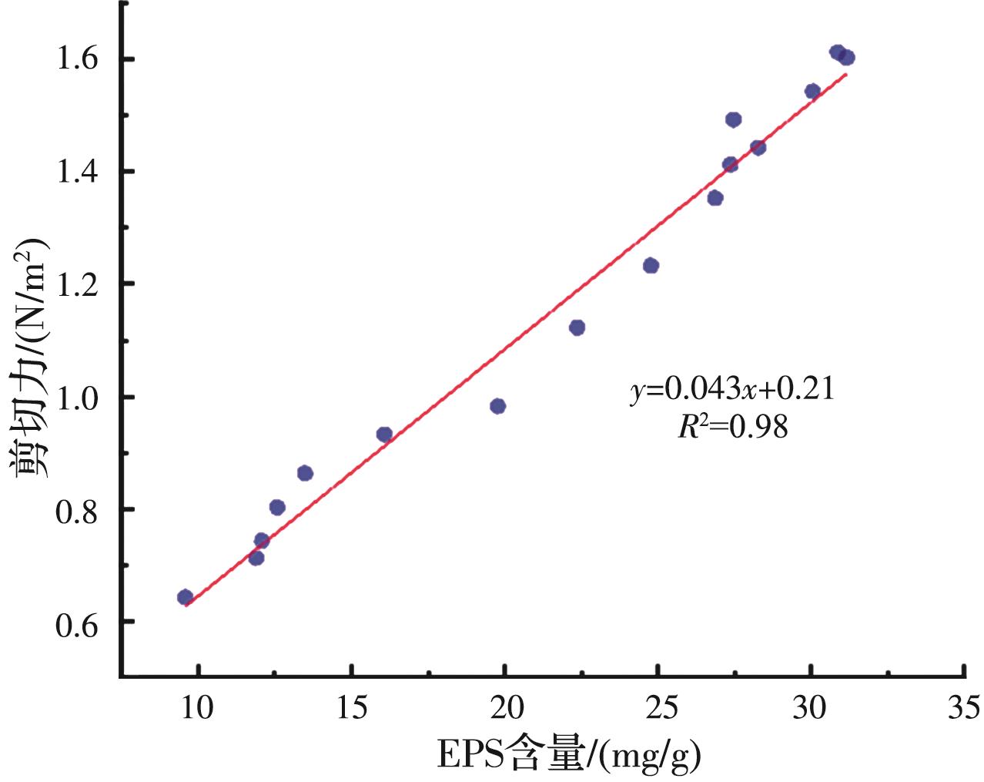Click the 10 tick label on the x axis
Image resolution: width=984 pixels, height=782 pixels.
(x=199, y=706)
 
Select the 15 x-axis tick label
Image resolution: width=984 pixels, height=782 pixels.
(x=352, y=706)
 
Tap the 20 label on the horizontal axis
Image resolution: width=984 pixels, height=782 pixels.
(x=504, y=706)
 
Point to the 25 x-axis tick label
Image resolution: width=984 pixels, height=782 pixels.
(x=658, y=706)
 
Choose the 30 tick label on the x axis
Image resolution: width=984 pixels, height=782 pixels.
(x=811, y=706)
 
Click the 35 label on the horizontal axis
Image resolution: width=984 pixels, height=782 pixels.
(x=963, y=706)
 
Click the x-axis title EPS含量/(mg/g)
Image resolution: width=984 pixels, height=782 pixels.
(x=569, y=757)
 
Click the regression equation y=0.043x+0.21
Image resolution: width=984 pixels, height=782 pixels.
(x=732, y=390)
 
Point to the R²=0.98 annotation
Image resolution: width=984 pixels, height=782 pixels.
(x=732, y=427)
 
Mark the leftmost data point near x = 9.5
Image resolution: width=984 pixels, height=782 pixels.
(x=185, y=597)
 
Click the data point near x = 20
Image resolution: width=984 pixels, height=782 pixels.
(x=498, y=406)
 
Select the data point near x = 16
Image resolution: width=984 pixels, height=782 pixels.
(x=384, y=435)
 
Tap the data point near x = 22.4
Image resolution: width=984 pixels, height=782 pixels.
(x=577, y=327)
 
